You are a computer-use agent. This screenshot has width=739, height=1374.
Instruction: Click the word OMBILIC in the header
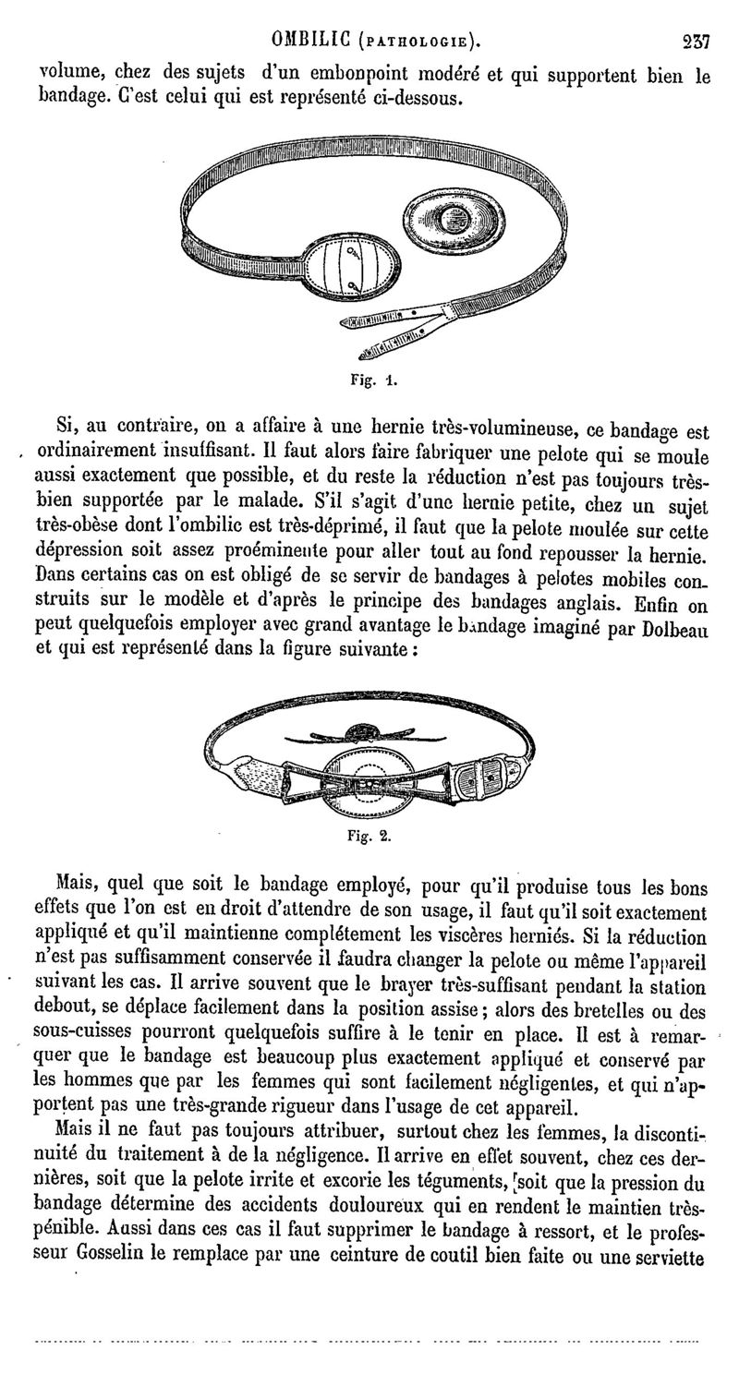pos(310,41)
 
